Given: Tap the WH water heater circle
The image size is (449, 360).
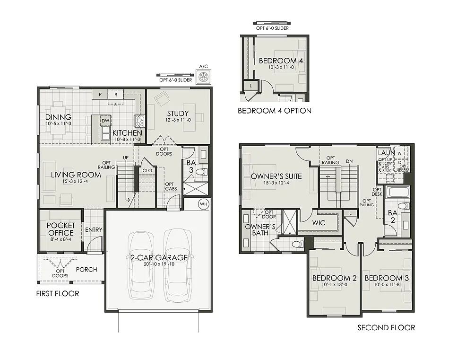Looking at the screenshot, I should [x=204, y=204].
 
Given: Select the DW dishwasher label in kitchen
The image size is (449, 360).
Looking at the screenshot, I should [x=105, y=121].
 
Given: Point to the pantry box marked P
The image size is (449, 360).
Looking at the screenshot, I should [x=100, y=95].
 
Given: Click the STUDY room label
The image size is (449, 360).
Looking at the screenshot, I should [x=178, y=114].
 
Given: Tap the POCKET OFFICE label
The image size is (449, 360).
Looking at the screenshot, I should [x=61, y=229].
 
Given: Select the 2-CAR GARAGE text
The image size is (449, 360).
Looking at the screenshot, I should [x=159, y=258].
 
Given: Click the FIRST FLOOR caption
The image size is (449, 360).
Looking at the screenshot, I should [x=58, y=294].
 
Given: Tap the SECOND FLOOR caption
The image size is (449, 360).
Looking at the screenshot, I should [x=386, y=327].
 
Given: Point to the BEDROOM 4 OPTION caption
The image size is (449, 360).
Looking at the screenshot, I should [x=274, y=111].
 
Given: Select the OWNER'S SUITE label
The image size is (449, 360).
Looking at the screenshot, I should [x=276, y=176].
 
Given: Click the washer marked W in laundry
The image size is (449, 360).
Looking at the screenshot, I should [x=400, y=153].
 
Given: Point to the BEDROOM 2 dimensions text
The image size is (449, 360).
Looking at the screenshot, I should [x=334, y=285].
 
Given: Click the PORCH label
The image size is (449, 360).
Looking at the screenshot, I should [x=86, y=270].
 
